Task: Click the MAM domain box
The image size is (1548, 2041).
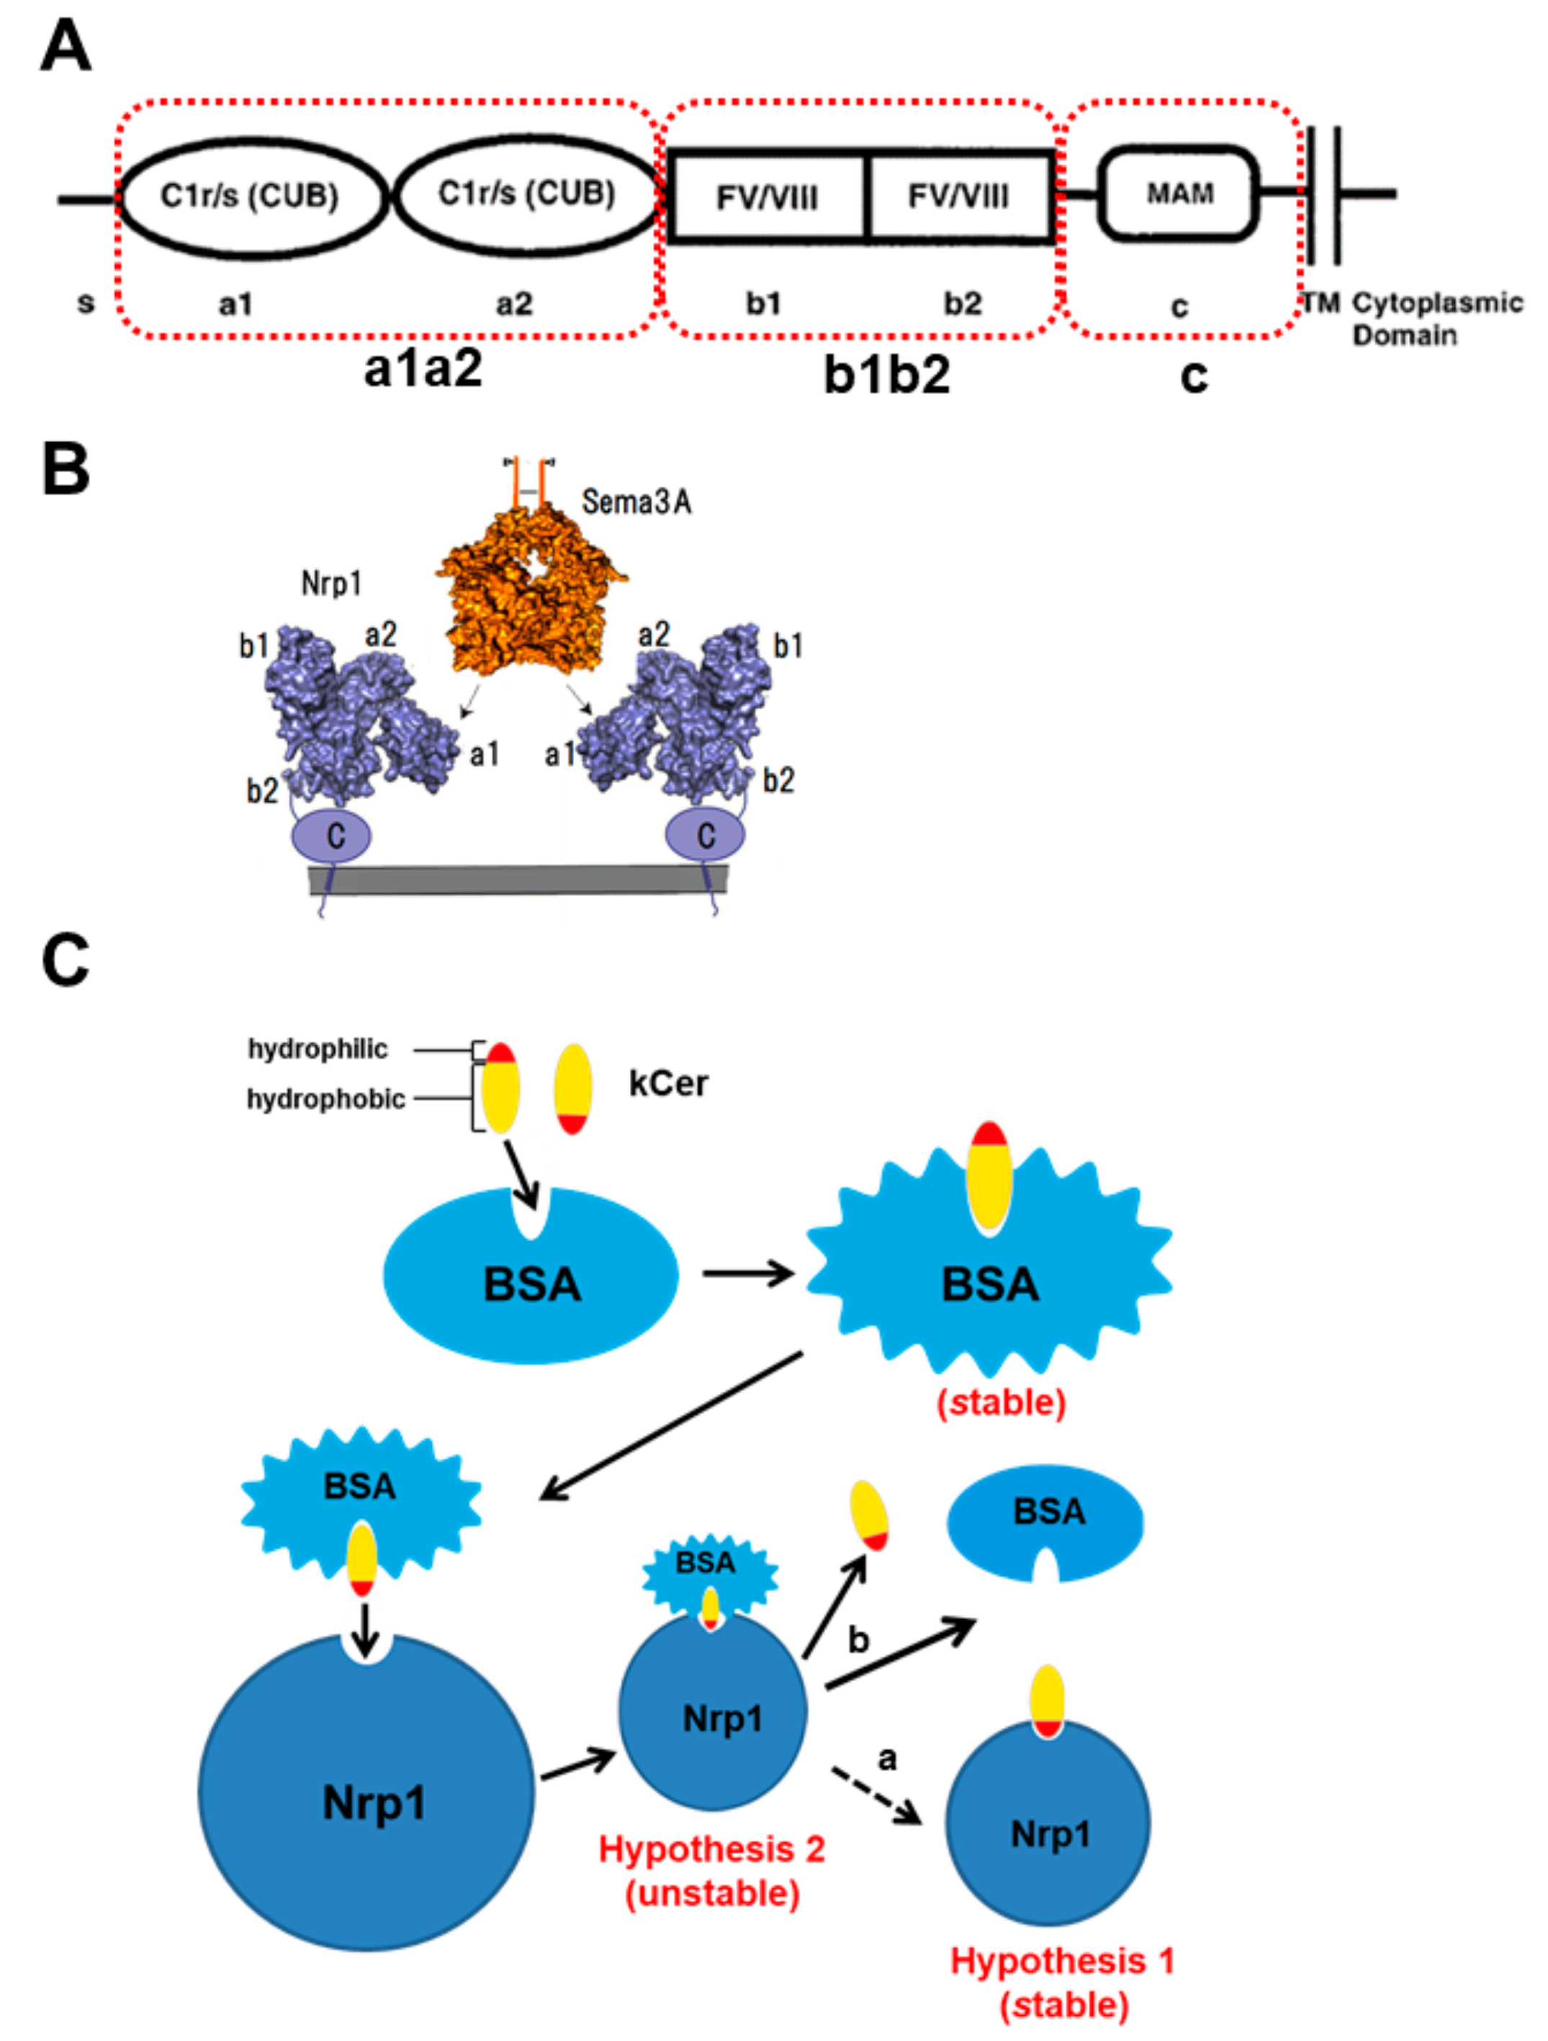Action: tap(1178, 194)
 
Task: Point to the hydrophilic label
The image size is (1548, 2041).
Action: tap(318, 1049)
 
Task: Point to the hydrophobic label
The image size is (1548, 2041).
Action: tap(325, 1099)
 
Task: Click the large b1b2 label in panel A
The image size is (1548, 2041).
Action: tap(886, 374)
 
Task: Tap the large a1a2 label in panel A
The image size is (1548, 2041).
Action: tap(423, 369)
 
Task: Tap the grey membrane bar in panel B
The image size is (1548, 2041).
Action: tap(517, 879)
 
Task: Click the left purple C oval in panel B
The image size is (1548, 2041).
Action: tap(332, 836)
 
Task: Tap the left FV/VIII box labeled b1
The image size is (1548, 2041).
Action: tap(768, 197)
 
